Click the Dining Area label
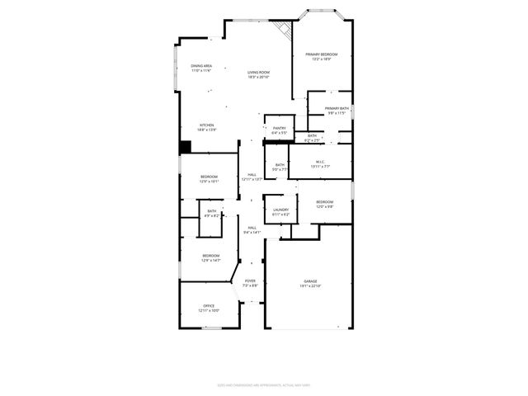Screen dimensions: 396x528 point(202,66)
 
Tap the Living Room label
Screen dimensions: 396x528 point(259,73)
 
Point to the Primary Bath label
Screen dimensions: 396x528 point(337,109)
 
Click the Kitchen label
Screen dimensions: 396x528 point(206,125)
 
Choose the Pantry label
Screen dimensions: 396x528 point(280,128)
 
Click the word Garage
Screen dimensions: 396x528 point(310,282)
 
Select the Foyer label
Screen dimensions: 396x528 point(249,281)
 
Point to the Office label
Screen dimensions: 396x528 point(210,306)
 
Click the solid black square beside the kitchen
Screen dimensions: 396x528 point(186,147)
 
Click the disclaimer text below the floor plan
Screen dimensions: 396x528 point(264,384)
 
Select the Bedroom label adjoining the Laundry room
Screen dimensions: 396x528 point(324,202)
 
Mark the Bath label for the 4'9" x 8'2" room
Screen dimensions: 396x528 point(212,212)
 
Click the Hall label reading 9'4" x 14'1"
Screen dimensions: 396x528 point(252,228)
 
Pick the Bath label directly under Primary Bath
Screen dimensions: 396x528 point(312,136)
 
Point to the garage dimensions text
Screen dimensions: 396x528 point(310,286)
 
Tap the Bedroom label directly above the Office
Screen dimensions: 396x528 point(211,256)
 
